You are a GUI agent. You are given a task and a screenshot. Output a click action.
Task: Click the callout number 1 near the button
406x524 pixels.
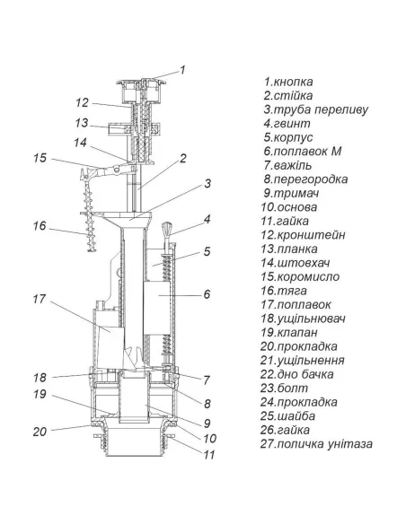click(182, 70)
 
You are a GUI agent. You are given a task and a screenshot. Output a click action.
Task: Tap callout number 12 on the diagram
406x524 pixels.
click(82, 102)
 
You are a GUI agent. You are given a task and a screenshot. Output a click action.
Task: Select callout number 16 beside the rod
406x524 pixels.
click(40, 226)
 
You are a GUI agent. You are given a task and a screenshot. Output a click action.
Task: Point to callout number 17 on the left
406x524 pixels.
click(40, 299)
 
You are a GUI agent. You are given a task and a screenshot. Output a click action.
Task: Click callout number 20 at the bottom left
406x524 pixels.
click(40, 432)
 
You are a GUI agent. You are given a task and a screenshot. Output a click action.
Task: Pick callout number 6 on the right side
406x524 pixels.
click(207, 294)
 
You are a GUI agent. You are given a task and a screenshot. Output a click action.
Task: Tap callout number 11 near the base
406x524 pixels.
click(209, 455)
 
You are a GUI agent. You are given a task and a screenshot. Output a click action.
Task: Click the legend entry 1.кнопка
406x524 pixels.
click(288, 82)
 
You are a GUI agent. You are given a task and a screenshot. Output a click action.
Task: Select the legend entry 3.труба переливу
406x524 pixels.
click(315, 109)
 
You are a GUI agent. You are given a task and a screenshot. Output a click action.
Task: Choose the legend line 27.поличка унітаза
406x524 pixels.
click(316, 444)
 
